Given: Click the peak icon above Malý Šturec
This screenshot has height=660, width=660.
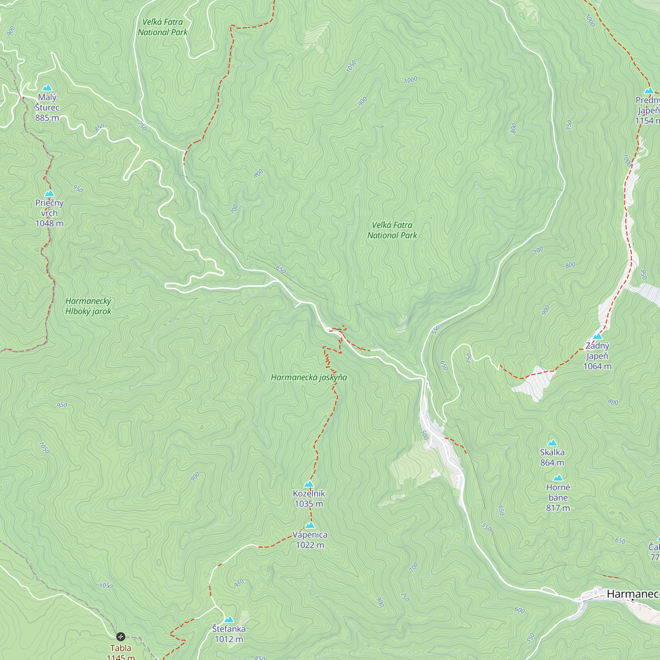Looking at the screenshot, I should point(47,88).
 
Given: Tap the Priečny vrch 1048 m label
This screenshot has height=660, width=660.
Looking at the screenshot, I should point(49,213).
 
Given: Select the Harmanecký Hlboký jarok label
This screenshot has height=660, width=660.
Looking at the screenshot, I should point(88,306).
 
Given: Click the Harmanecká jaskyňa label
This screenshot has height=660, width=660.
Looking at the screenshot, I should point(309,377).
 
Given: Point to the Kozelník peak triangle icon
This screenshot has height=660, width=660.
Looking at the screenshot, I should point(309,484).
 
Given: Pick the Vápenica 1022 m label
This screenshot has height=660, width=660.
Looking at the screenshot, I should point(310,540).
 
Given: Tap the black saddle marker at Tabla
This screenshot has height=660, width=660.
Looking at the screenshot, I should point(120,637).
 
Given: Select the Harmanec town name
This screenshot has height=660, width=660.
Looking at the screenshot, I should point(632,594).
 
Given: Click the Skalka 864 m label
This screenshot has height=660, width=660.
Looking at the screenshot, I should point(552,457).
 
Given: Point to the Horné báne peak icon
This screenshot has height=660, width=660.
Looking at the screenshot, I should point(558,478).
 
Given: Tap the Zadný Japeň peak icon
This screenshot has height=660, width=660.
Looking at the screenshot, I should point(597,336).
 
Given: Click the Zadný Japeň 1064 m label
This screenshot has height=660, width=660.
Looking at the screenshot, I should point(597,356).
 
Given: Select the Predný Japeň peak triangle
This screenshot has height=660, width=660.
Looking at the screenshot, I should point(649,90).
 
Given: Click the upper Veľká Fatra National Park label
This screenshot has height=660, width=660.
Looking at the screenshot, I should point(163,27).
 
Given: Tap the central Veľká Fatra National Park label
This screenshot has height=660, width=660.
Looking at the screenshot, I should point(392,230).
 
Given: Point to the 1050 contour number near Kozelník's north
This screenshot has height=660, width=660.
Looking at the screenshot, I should point(351,66).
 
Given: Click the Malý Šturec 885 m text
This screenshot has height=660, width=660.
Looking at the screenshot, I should point(47,107).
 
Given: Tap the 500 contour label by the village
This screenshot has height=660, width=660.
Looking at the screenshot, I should point(425,435).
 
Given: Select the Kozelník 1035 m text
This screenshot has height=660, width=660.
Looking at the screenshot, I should point(309,499).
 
